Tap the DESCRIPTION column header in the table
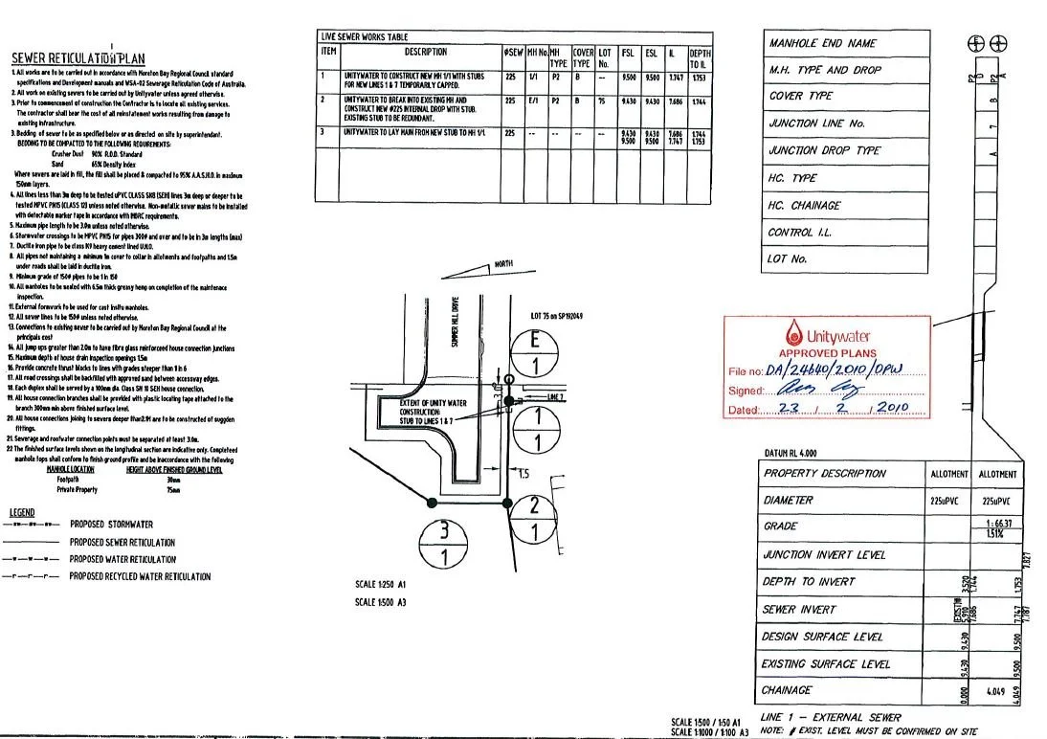coord(426,52)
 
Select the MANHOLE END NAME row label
coord(822,43)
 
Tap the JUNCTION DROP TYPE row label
coord(824,151)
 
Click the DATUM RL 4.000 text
coord(791,453)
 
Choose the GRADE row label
coord(780,526)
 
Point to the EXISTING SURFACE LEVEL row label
coord(826,663)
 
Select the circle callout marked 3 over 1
coord(444,545)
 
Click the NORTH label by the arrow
coord(504,264)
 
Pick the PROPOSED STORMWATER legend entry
coord(111,525)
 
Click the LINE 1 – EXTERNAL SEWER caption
coord(830,717)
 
